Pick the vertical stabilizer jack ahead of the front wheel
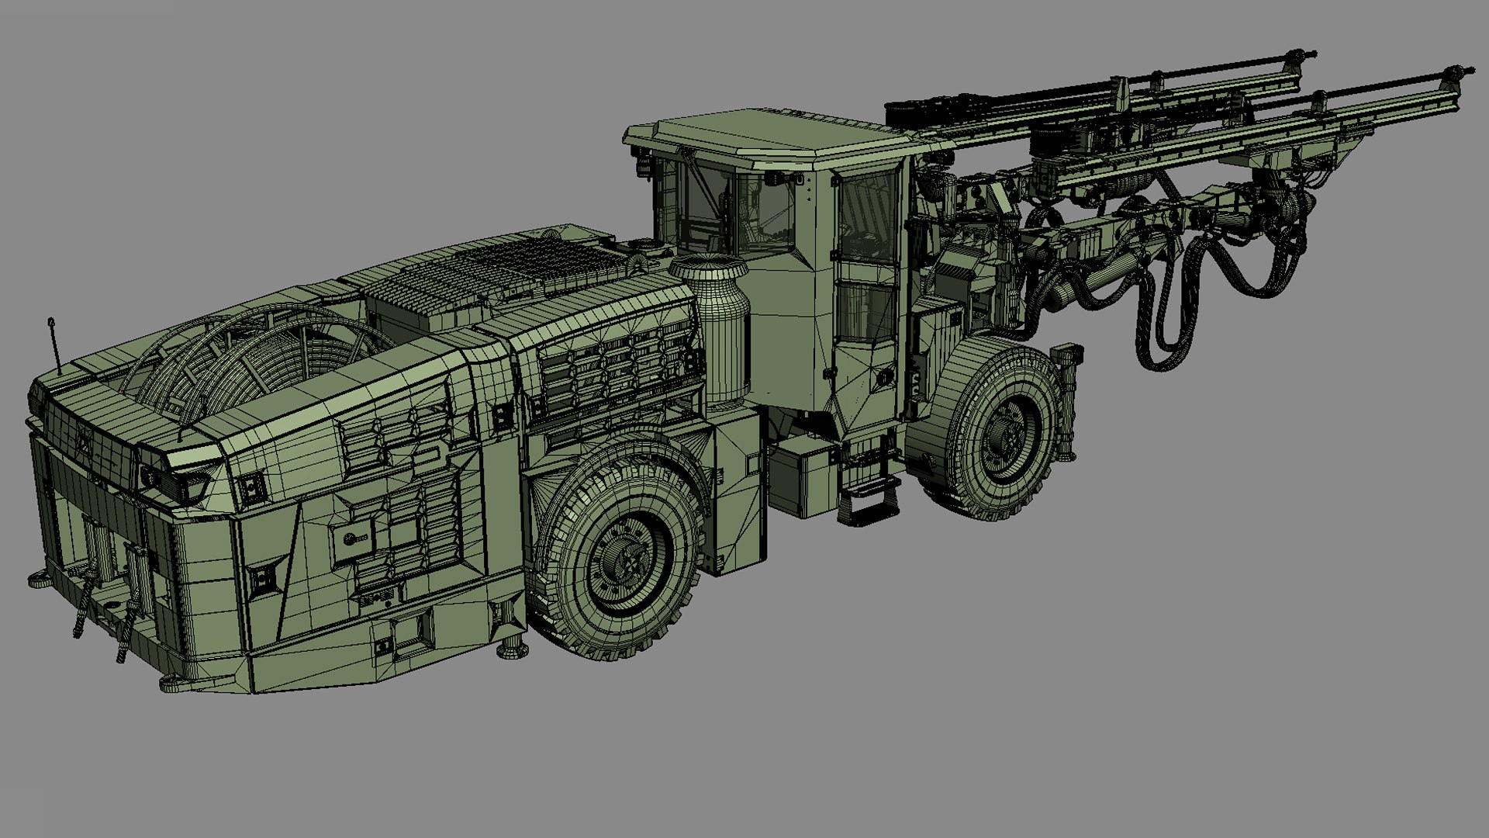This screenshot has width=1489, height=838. tap(1070, 403)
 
